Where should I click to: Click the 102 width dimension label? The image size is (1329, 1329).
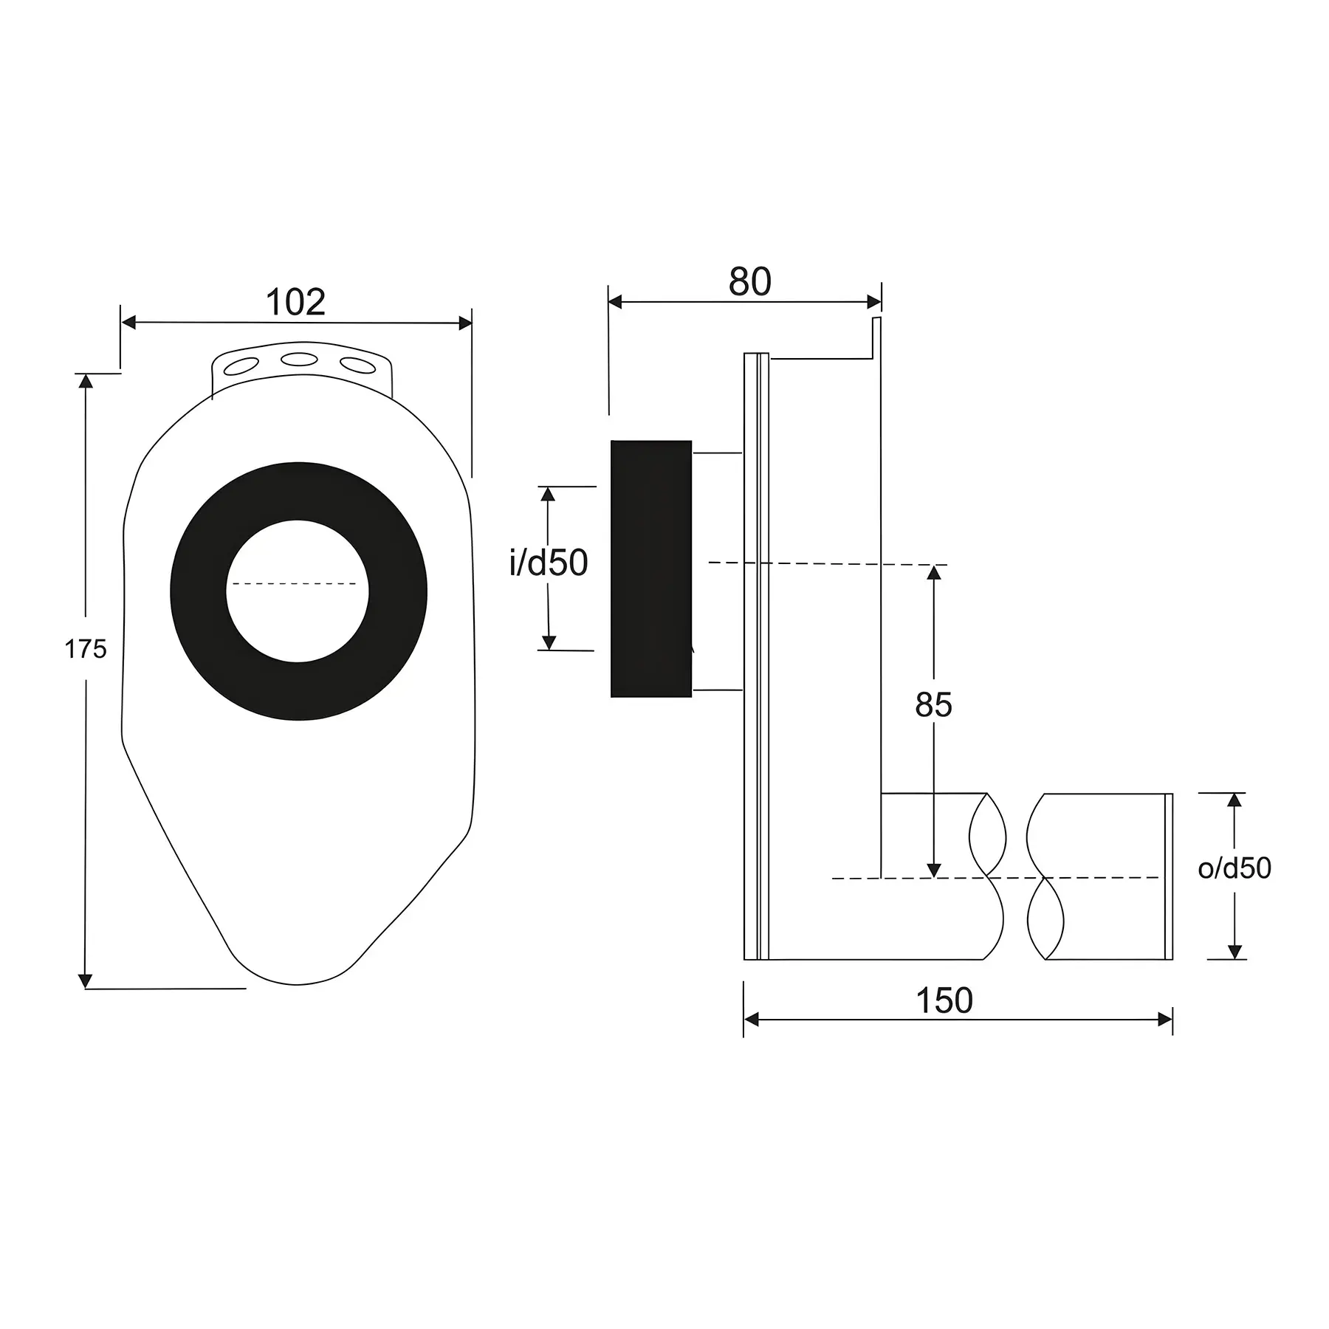coord(295,302)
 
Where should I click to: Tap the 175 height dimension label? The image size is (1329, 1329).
coord(86,649)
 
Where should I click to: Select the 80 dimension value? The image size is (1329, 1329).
coord(750,281)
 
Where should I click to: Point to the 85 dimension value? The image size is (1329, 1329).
coord(933,705)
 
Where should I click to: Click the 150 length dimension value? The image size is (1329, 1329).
coord(944,1001)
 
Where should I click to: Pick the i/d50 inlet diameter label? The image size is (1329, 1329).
coord(549,563)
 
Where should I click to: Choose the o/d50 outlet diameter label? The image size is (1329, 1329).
coord(1234,868)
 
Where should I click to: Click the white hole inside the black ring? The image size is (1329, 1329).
coord(297,591)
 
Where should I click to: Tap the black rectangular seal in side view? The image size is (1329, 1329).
coord(651,569)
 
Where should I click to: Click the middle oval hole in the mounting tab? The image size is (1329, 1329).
coord(300,360)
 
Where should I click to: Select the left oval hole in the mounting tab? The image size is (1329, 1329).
coord(242,365)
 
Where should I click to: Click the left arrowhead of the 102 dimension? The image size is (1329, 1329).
coord(128,323)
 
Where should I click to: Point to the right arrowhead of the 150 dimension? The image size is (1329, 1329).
coord(1165,1020)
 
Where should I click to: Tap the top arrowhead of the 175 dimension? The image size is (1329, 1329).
coord(86,381)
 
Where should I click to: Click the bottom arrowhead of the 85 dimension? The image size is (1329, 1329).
coord(934,870)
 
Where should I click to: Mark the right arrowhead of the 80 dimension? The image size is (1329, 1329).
coord(874,301)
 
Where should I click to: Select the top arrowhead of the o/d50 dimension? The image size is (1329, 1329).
coord(1234,800)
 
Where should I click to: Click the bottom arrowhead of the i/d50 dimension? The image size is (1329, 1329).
coord(548,642)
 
